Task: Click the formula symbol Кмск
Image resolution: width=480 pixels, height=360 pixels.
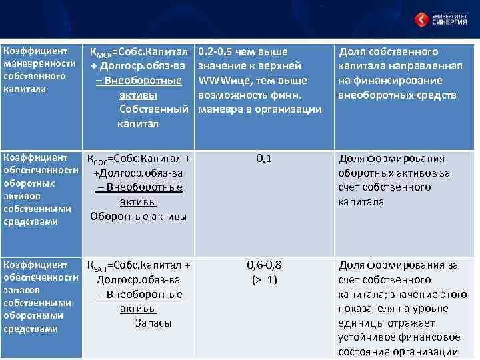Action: point(101,53)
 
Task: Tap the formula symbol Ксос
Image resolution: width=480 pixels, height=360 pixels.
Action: point(100,159)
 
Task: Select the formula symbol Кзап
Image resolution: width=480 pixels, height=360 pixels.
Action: point(100,266)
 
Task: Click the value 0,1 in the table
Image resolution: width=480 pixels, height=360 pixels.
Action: point(263,159)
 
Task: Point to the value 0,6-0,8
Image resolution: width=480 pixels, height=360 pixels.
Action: point(264,265)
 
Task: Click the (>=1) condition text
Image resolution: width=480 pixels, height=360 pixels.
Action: point(264,279)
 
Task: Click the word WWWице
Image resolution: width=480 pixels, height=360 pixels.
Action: point(222,81)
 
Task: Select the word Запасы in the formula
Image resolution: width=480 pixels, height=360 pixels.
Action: point(153,323)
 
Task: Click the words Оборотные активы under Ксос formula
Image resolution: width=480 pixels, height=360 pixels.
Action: point(139,216)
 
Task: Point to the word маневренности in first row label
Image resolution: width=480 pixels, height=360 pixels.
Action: point(39,64)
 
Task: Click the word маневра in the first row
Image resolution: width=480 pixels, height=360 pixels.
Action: point(223,109)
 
